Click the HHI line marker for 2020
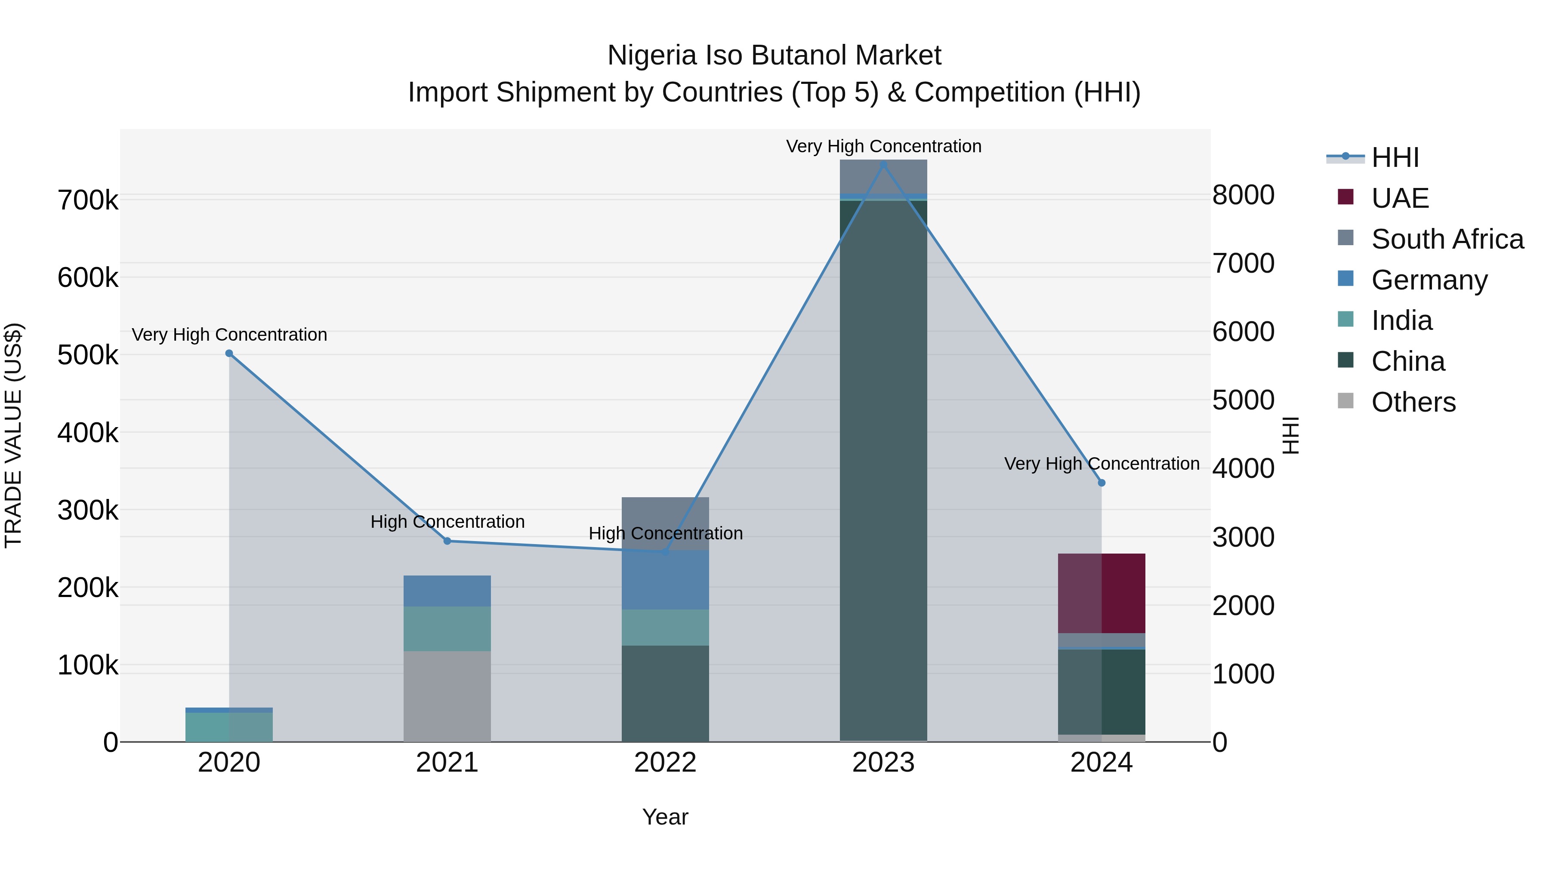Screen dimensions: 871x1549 [x=229, y=354]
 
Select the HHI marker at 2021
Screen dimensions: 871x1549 [x=447, y=541]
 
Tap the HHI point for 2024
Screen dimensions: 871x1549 [x=1102, y=483]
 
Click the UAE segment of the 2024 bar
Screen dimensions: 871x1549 [x=1102, y=593]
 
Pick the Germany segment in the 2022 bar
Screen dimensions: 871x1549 [x=665, y=580]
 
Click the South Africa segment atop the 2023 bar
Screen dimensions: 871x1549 [x=883, y=177]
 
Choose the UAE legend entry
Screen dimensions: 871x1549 [x=1400, y=198]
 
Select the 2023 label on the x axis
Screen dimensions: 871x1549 [x=883, y=763]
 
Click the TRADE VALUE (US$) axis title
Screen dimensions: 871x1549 [x=13, y=435]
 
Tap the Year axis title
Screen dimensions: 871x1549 [x=665, y=817]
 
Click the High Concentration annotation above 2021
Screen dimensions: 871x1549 [x=447, y=521]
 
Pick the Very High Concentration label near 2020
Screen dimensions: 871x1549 [x=229, y=334]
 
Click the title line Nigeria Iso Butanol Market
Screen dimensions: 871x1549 [x=774, y=55]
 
